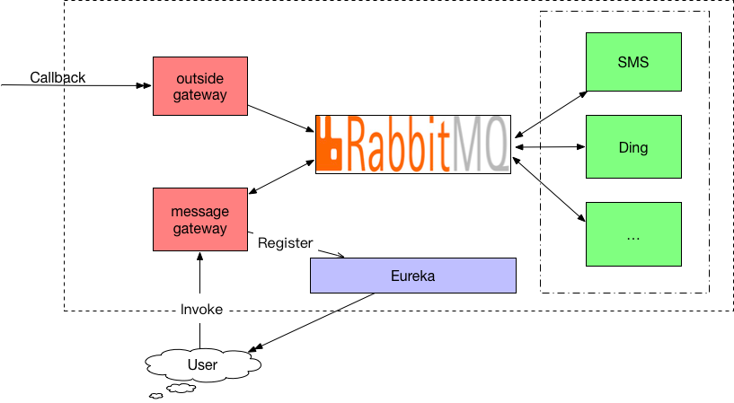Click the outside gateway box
point(200,86)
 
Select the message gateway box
point(200,219)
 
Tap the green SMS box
point(633,62)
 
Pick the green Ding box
point(633,147)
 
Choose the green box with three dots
point(633,234)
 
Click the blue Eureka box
point(413,276)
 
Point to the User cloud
point(203,364)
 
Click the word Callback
point(57,77)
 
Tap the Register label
point(285,243)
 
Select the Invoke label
point(201,310)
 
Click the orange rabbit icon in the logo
point(330,144)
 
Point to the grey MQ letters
point(480,144)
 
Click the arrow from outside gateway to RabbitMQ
point(281,118)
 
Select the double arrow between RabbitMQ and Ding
point(550,147)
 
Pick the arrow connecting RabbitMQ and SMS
point(551,114)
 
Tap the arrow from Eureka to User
point(311,322)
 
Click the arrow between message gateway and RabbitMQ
point(281,177)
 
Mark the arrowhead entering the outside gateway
point(146,85)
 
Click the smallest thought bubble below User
point(156,396)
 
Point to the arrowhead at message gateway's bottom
point(199,256)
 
